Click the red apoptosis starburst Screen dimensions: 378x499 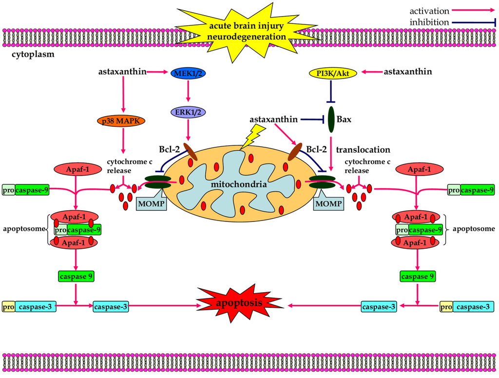click(x=238, y=302)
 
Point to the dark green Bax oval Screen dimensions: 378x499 click(x=332, y=119)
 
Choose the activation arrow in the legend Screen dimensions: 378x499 click(x=473, y=9)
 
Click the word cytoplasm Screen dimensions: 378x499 click(x=33, y=54)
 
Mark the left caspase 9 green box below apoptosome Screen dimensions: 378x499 click(x=76, y=276)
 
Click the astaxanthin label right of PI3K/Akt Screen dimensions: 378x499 click(x=408, y=72)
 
